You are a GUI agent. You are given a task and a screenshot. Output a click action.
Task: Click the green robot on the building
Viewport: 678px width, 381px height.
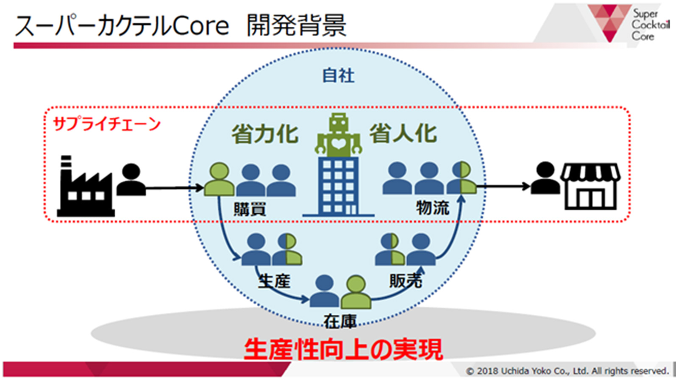338,135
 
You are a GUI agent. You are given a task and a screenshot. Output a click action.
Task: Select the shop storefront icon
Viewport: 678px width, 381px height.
591,186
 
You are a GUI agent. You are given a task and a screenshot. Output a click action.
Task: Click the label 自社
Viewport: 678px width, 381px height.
338,76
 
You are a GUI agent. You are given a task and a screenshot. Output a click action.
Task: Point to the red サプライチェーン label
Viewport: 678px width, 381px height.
106,124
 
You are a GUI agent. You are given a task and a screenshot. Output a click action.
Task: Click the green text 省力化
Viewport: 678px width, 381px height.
265,134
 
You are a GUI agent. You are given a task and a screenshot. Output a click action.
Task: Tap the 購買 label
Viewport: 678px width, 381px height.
250,209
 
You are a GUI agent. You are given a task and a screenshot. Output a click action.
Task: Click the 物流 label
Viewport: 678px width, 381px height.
433,208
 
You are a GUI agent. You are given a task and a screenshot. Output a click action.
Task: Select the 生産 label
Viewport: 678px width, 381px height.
274,281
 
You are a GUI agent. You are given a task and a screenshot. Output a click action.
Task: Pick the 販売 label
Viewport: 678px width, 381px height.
406,281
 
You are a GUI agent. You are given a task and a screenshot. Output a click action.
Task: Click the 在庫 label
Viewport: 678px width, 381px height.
340,321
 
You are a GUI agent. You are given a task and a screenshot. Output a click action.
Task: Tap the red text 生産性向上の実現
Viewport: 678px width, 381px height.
343,350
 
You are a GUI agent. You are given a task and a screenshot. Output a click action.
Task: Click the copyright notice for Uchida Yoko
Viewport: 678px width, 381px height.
567,371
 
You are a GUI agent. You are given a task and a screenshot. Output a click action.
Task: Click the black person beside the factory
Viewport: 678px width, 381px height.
131,179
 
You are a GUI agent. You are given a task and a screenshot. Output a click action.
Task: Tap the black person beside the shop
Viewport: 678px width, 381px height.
545,178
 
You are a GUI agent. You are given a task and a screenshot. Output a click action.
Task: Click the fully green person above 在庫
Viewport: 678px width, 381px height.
356,292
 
